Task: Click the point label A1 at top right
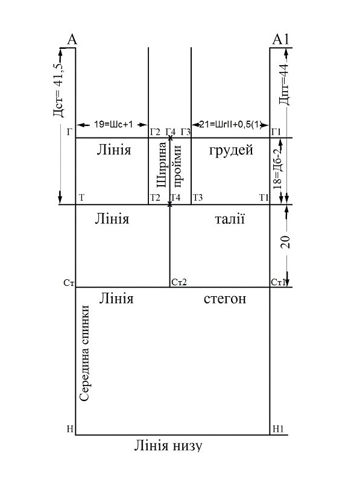[x=281, y=40]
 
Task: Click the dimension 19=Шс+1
[x=113, y=124]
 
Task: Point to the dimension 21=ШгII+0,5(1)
[x=230, y=124]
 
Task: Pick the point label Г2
[x=155, y=132]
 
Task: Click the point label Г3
[x=186, y=132]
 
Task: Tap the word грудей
[x=231, y=150]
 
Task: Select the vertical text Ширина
[x=162, y=165]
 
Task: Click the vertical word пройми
[x=177, y=167]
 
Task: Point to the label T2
[x=155, y=198]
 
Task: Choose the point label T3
[x=198, y=198]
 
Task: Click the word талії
[x=230, y=218]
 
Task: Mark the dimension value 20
[x=285, y=241]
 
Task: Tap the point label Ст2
[x=179, y=282]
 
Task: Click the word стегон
[x=225, y=299]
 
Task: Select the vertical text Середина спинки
[x=84, y=353]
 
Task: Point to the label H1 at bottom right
[x=278, y=429]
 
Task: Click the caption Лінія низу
[x=168, y=446]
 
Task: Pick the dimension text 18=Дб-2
[x=278, y=169]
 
